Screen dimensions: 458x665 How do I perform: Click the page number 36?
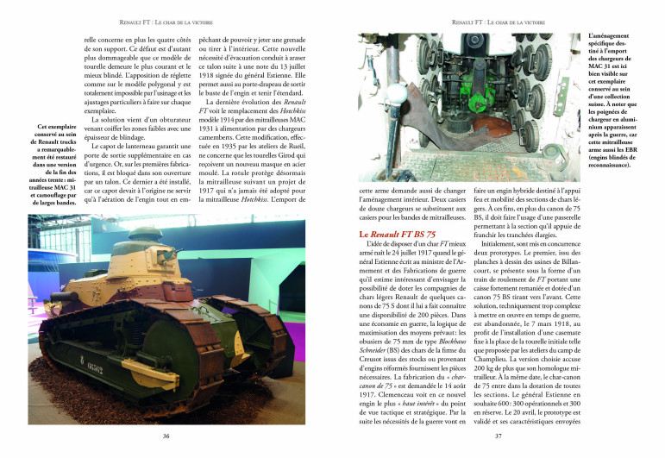click(166, 436)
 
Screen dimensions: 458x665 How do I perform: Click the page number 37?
click(499, 436)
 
